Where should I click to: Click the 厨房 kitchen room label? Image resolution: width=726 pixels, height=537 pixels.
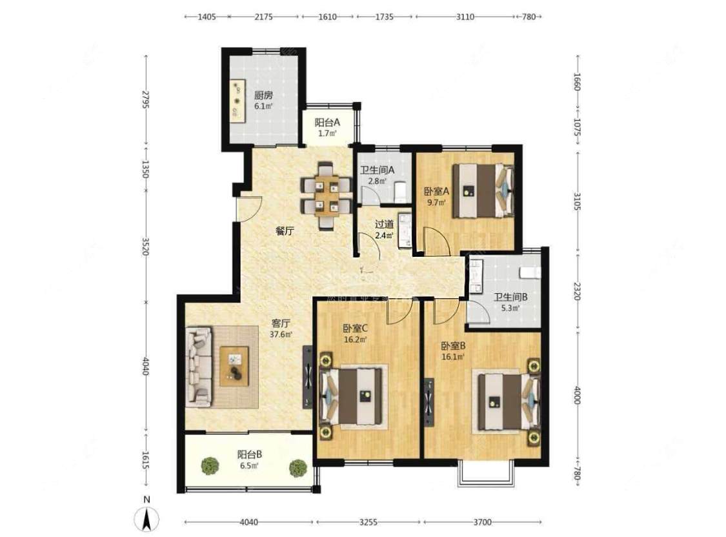(x=263, y=100)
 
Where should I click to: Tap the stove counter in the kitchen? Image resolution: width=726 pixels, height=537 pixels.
(x=237, y=100)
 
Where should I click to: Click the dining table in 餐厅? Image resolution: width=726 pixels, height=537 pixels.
(x=327, y=196)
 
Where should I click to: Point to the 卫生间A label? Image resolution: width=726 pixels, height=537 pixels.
(x=377, y=176)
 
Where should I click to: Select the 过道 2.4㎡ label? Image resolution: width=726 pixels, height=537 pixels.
(x=385, y=230)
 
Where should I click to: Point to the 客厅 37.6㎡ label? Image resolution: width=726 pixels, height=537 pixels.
(x=280, y=329)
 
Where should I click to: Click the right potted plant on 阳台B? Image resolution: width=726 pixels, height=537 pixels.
(x=297, y=467)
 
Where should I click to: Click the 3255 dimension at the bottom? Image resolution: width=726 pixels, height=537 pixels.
(x=368, y=522)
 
